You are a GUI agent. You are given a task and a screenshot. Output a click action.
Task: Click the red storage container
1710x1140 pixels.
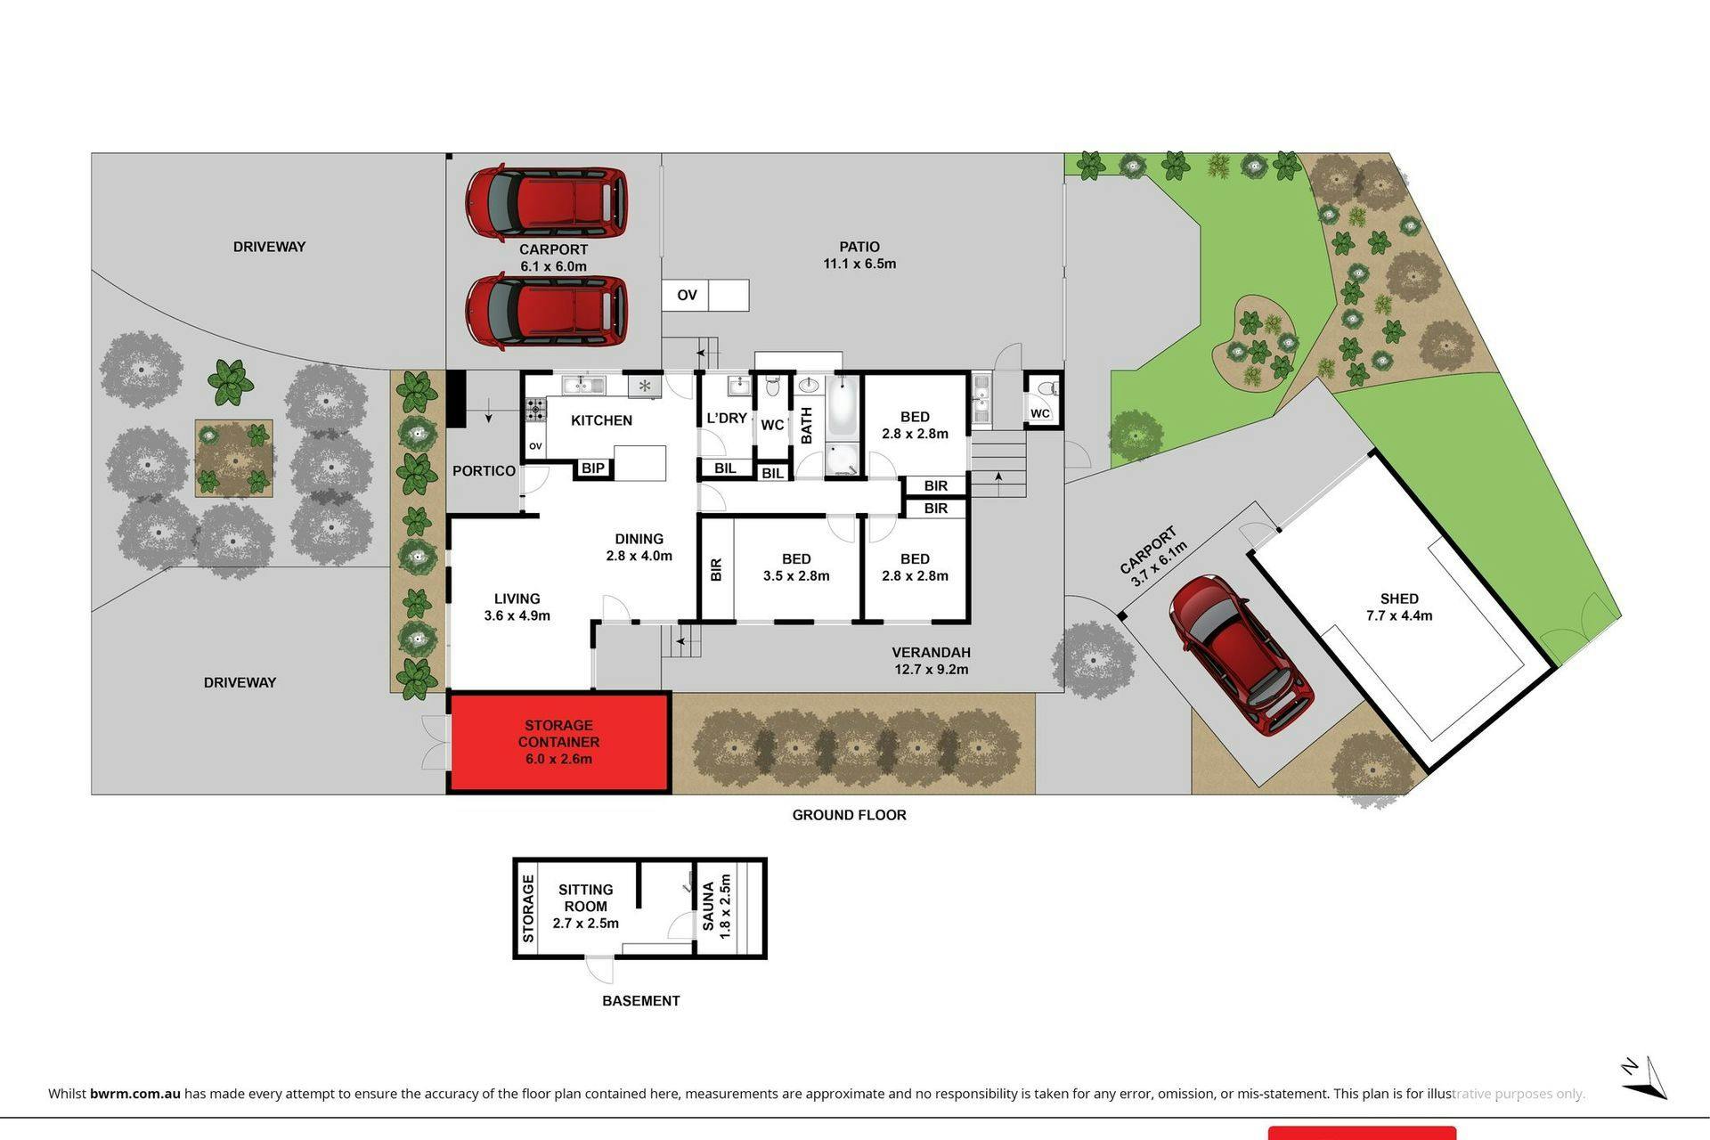(558, 742)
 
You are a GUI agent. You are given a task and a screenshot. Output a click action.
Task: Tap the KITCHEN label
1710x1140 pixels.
(602, 420)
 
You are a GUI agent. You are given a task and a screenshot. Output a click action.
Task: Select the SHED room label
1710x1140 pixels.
(1399, 598)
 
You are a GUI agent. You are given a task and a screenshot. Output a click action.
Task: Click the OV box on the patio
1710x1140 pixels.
(687, 295)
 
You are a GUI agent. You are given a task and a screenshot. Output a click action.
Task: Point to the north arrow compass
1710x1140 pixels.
(1644, 1078)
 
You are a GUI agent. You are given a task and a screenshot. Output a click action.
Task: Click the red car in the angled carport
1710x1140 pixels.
(1241, 655)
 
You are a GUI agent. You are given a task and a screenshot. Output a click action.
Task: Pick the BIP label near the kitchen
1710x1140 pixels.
(593, 468)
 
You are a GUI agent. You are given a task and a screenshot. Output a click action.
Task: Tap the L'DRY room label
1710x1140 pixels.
(727, 418)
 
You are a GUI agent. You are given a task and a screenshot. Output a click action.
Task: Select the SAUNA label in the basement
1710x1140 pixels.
(709, 906)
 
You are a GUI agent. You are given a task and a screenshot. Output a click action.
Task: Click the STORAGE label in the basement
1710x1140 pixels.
(528, 908)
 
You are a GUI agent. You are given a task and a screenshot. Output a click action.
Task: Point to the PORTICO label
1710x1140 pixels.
(484, 470)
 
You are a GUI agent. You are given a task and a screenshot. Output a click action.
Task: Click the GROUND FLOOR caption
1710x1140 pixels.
(849, 815)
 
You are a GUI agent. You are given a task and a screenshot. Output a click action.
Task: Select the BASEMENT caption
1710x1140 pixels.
(641, 1001)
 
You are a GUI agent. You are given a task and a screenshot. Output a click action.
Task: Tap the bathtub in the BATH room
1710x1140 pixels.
(843, 407)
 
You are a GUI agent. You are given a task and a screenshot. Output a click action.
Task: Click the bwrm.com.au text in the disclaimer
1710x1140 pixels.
(135, 1094)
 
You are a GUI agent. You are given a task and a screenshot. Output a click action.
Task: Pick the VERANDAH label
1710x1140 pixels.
(931, 652)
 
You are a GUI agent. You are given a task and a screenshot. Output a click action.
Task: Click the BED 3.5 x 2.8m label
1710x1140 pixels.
(796, 567)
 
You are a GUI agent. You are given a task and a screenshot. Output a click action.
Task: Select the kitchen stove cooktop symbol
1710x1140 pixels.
(535, 410)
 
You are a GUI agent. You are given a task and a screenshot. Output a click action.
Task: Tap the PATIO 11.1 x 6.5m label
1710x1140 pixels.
(859, 255)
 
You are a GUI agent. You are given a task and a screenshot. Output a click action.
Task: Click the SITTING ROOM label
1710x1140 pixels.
(585, 898)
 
